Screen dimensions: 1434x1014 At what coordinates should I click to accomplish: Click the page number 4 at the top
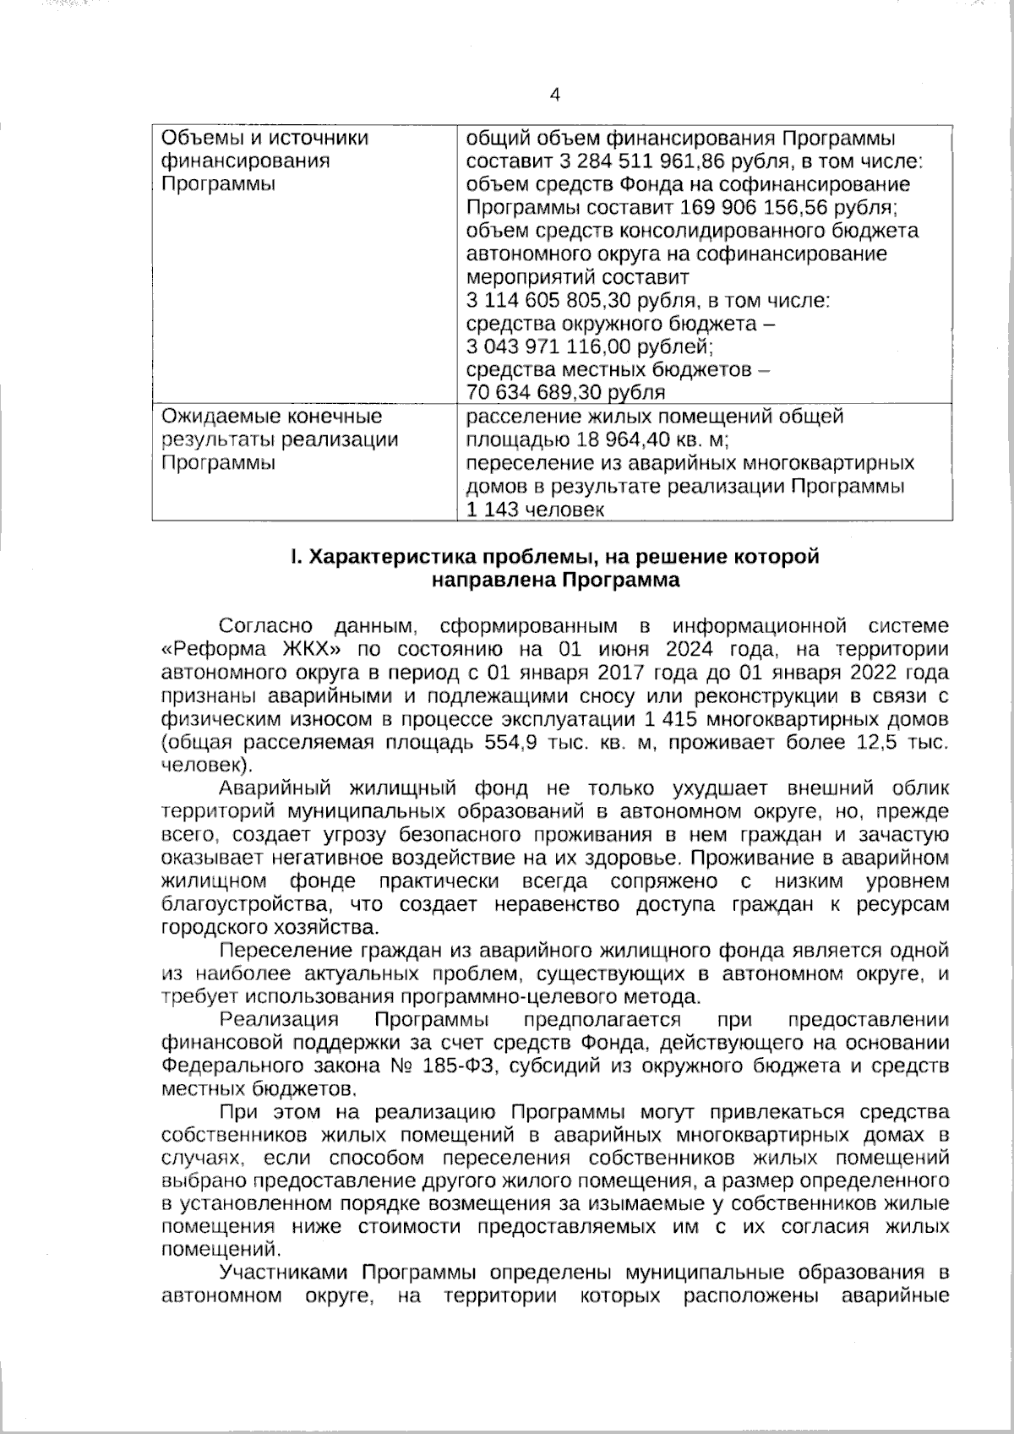coord(554,95)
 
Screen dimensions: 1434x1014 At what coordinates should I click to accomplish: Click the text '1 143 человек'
coord(536,510)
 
